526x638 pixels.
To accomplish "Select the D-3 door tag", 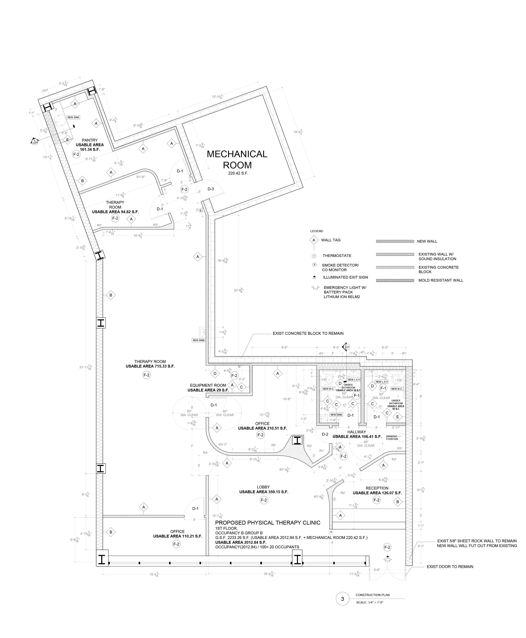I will pyautogui.click(x=211, y=189).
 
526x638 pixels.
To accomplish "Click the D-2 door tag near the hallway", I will pyautogui.click(x=325, y=434).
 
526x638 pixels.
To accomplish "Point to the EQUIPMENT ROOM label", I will pyautogui.click(x=208, y=385).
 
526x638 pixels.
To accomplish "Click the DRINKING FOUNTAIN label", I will pyautogui.click(x=392, y=438).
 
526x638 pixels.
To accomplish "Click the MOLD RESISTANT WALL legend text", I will pyautogui.click(x=441, y=280).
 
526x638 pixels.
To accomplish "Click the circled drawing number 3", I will pyautogui.click(x=343, y=599).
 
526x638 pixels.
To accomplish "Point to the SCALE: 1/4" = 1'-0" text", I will pyautogui.click(x=370, y=602).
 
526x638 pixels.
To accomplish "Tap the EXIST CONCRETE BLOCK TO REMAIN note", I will pyautogui.click(x=308, y=333).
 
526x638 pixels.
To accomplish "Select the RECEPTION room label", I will pyautogui.click(x=377, y=488).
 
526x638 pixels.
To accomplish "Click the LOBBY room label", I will pyautogui.click(x=263, y=487).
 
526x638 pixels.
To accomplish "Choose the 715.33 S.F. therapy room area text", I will pyautogui.click(x=150, y=366).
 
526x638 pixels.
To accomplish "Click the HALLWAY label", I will pyautogui.click(x=357, y=432).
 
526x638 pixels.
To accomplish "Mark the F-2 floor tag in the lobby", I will pyautogui.click(x=264, y=500).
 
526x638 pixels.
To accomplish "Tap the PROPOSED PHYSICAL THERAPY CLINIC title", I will pyautogui.click(x=268, y=522).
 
